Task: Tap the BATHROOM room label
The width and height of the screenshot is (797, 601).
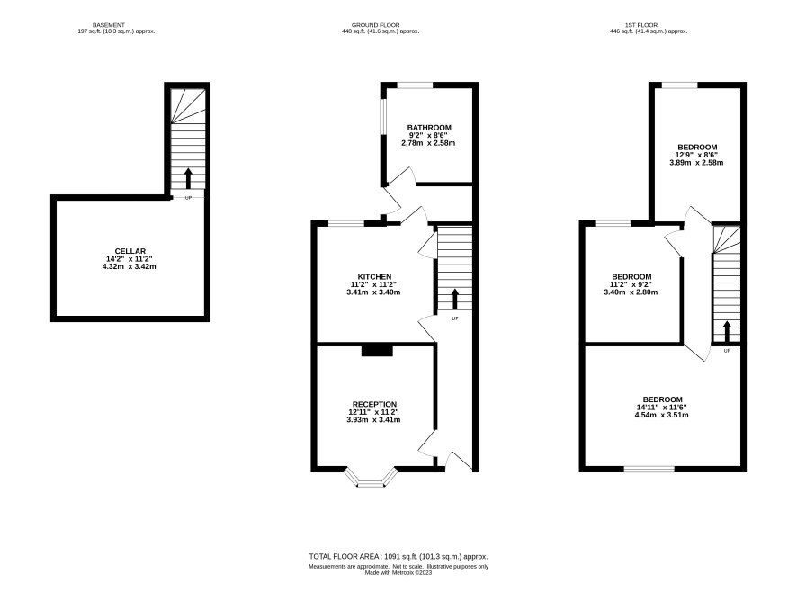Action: [429, 128]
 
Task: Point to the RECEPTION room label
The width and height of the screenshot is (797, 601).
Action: [374, 405]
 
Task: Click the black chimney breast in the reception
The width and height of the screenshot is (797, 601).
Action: [377, 350]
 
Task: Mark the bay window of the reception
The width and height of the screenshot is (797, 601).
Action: [371, 477]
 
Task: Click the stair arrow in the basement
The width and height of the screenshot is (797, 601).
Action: [188, 178]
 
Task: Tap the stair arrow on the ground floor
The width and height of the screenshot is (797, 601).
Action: [455, 300]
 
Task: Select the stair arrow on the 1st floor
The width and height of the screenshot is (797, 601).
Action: [727, 331]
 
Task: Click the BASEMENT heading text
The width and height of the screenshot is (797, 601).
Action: [108, 25]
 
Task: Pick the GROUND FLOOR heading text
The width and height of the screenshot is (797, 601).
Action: [376, 25]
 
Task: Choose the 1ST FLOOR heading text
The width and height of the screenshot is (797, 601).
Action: [641, 25]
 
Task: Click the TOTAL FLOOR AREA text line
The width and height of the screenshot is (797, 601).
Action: [398, 557]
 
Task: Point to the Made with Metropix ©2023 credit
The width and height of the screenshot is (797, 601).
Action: [398, 572]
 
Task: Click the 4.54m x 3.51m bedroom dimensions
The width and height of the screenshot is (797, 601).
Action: [662, 415]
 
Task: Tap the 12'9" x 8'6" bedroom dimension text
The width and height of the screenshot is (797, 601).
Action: [696, 155]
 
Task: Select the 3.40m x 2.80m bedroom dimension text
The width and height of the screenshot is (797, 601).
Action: [631, 292]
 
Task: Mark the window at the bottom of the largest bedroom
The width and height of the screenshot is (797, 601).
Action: [649, 469]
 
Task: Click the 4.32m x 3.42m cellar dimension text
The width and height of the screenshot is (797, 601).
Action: [130, 266]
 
